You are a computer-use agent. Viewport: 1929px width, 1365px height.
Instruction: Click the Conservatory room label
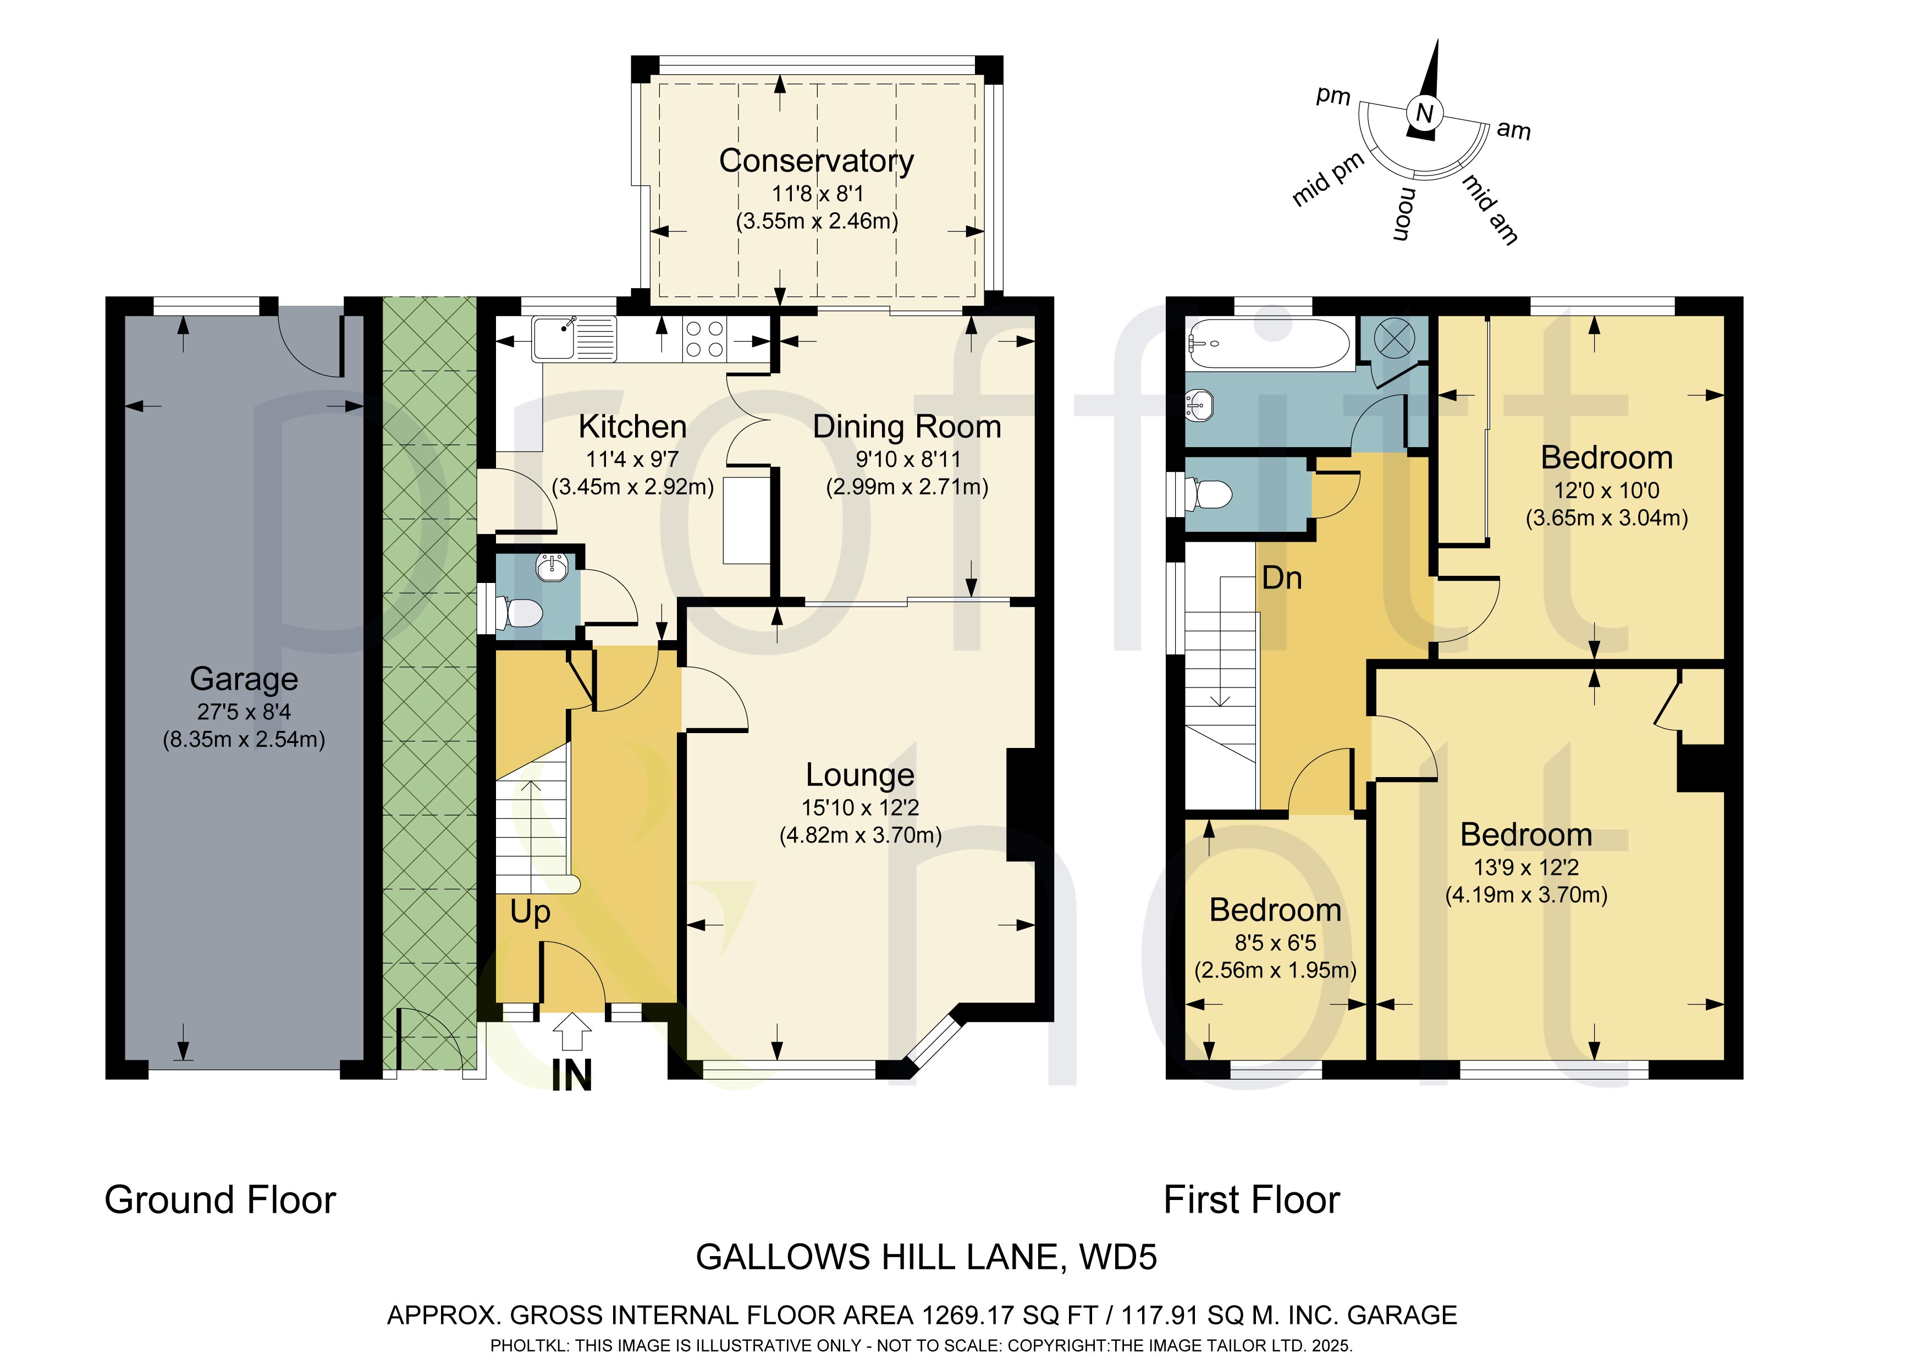(x=816, y=161)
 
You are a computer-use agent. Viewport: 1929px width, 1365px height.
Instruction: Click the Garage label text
(x=244, y=678)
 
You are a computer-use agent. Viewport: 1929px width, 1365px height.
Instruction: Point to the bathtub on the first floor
(x=1269, y=344)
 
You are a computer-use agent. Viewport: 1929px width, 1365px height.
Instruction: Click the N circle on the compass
(x=1424, y=113)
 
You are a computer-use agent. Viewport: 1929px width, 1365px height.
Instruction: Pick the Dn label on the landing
(x=1282, y=578)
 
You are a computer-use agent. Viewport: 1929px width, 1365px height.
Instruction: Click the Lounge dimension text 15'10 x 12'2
(x=861, y=808)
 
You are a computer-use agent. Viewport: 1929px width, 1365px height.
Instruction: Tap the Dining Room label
(x=907, y=427)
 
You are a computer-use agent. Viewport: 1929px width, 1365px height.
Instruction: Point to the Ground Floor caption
(x=220, y=1199)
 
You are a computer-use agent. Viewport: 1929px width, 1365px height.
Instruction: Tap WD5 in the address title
(x=1118, y=1257)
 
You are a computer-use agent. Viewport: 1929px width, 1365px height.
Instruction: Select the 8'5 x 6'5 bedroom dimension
(x=1275, y=943)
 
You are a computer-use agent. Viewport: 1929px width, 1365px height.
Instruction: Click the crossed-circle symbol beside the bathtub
(x=1394, y=339)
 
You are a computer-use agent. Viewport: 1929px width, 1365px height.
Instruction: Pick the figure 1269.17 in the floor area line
(x=966, y=1314)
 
